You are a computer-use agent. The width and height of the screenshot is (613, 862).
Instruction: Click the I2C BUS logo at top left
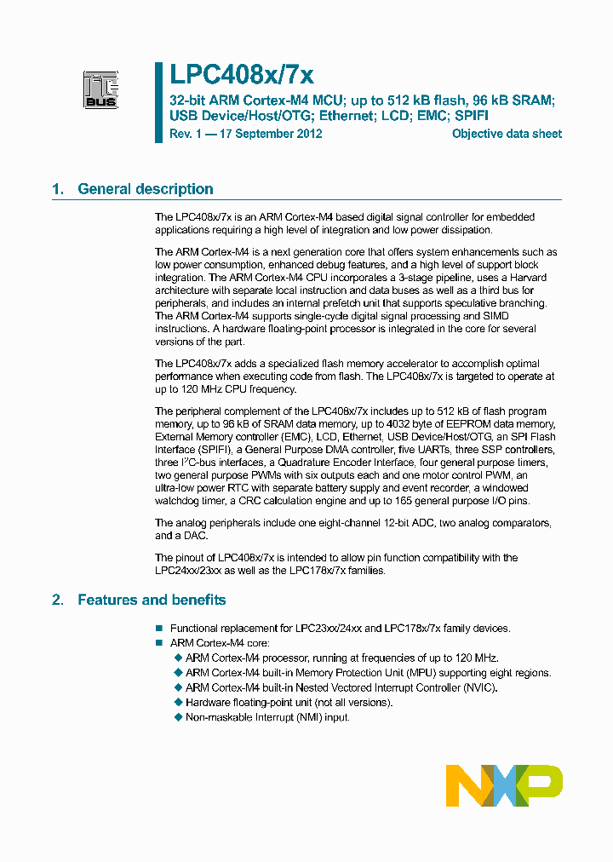point(100,90)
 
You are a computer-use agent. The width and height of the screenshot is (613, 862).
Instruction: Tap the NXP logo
point(504,785)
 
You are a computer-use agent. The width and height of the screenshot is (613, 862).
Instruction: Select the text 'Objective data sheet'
point(507,134)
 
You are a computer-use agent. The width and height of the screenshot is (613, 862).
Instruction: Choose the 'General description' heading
point(146,189)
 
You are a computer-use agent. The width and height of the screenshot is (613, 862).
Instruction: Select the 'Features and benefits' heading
point(152,600)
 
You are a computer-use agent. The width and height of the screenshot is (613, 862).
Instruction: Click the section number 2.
point(57,600)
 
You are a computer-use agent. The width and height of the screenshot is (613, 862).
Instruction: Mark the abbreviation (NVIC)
point(477,687)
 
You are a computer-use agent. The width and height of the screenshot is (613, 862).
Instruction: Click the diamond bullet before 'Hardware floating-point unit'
point(178,702)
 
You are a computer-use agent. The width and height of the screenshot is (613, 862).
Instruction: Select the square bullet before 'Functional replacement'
point(158,629)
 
